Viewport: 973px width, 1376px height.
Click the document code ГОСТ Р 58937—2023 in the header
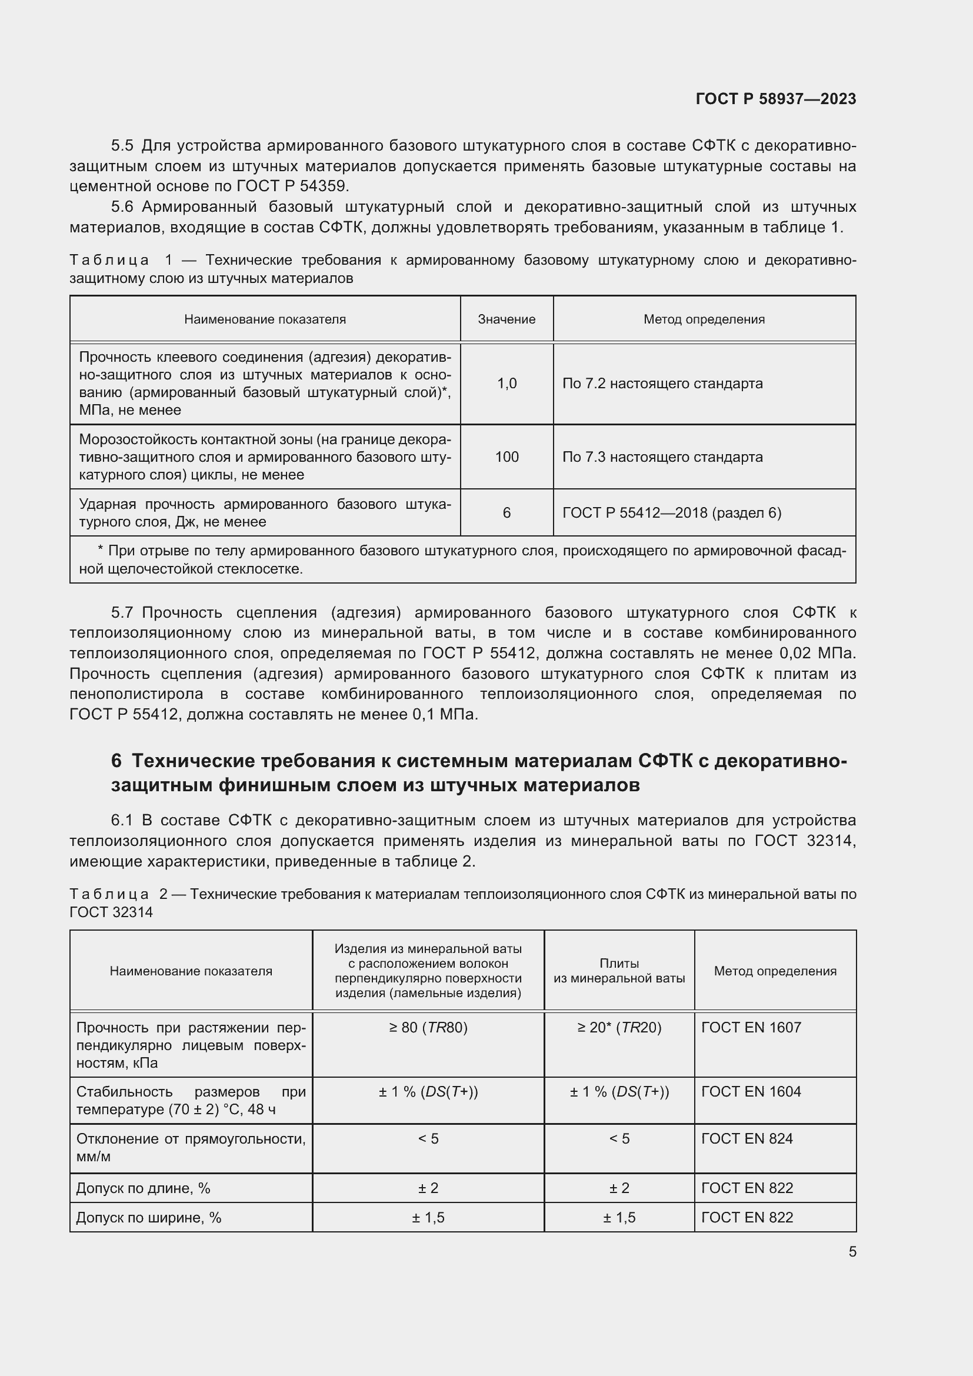pyautogui.click(x=775, y=99)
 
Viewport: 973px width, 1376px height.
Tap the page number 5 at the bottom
pyautogui.click(x=852, y=1251)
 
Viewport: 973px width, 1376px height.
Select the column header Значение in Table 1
pyautogui.click(x=507, y=319)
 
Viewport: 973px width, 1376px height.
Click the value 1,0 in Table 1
pyautogui.click(x=507, y=384)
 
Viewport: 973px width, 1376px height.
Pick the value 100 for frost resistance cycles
pyautogui.click(x=507, y=457)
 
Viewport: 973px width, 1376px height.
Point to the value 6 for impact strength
pyautogui.click(x=507, y=513)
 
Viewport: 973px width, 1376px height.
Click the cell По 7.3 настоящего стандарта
pyautogui.click(x=662, y=457)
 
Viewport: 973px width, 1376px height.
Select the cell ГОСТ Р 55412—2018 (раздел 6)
pyautogui.click(x=672, y=513)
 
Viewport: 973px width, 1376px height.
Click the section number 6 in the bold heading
pyautogui.click(x=116, y=761)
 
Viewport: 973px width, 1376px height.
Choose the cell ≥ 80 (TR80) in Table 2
pyautogui.click(x=428, y=1027)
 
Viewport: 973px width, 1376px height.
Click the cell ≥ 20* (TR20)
pyautogui.click(x=619, y=1027)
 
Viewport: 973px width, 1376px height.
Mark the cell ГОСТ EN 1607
pyautogui.click(x=751, y=1027)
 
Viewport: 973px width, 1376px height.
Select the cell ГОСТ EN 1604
pyautogui.click(x=751, y=1091)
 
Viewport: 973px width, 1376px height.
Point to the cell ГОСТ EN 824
pyautogui.click(x=747, y=1138)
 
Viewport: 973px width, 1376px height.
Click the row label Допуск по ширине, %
pyautogui.click(x=149, y=1217)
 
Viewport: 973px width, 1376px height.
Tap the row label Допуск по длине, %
pyautogui.click(x=143, y=1188)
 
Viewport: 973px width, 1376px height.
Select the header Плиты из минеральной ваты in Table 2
pyautogui.click(x=619, y=971)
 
